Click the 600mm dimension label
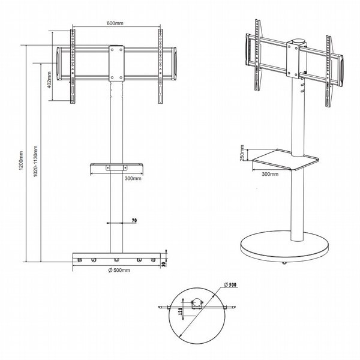click(x=115, y=23)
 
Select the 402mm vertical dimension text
click(x=50, y=80)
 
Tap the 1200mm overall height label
click(x=21, y=161)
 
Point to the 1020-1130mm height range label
click(x=35, y=161)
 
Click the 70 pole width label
click(x=134, y=220)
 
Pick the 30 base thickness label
click(x=163, y=264)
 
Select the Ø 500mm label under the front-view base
click(x=119, y=270)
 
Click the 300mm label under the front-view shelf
click(x=133, y=178)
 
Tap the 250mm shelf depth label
click(x=242, y=153)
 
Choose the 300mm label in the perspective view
click(x=270, y=174)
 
